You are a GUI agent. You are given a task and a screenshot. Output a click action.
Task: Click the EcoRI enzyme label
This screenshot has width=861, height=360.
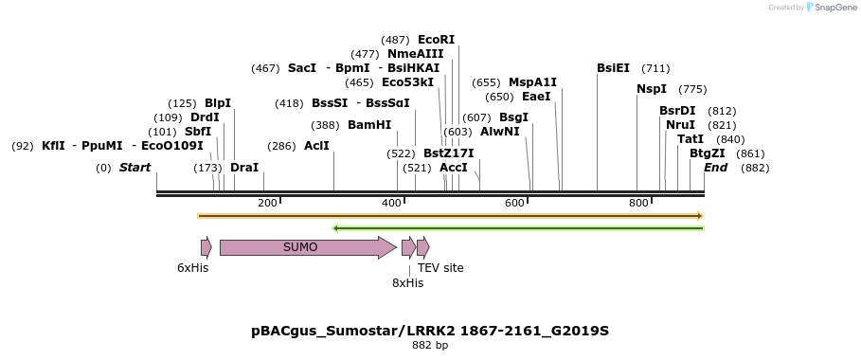click(x=436, y=40)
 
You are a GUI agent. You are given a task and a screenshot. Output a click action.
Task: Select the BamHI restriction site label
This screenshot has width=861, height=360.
click(x=369, y=125)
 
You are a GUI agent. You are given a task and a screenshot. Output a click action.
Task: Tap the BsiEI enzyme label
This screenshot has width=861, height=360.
click(x=613, y=68)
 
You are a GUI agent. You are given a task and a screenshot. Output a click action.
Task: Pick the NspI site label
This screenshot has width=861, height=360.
click(x=652, y=89)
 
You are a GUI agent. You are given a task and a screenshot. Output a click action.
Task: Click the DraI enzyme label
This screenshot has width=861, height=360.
click(x=244, y=168)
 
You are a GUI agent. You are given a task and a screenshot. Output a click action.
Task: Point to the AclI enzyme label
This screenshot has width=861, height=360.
click(x=316, y=146)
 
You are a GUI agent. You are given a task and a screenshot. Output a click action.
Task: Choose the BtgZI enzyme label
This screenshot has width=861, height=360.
click(x=708, y=153)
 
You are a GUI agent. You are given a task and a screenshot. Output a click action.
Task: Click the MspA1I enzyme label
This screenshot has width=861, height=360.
click(x=533, y=82)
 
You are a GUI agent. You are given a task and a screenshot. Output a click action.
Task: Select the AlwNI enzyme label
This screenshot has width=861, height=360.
click(x=500, y=132)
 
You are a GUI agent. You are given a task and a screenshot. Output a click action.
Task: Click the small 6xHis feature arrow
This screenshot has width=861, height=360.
click(x=206, y=247)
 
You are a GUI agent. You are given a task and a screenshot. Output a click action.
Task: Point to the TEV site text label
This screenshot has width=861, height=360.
click(x=440, y=268)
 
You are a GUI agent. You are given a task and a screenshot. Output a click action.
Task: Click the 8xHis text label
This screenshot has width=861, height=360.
click(x=407, y=282)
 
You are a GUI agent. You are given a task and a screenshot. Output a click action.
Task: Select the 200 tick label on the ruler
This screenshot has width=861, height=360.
click(x=267, y=204)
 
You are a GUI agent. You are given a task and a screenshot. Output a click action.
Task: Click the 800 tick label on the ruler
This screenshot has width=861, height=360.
click(x=637, y=204)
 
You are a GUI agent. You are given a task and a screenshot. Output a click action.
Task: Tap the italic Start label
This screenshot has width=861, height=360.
click(x=135, y=168)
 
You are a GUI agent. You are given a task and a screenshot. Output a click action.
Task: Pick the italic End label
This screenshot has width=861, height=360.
click(x=715, y=168)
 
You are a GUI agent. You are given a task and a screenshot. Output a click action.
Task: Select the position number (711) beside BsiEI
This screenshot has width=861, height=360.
click(x=655, y=68)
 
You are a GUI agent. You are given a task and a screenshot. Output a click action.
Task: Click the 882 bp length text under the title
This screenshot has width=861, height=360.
click(x=430, y=346)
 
